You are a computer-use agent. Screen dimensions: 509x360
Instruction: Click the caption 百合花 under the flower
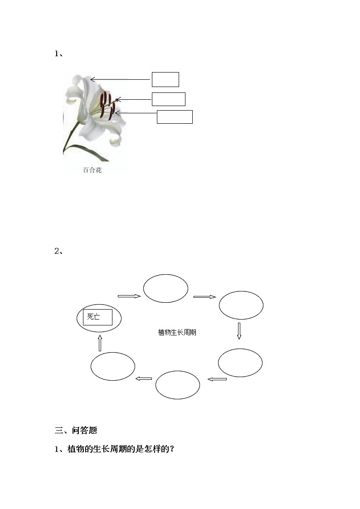(x=92, y=170)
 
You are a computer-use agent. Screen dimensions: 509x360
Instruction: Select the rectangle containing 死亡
(x=97, y=317)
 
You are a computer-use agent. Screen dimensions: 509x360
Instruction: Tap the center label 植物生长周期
(x=177, y=333)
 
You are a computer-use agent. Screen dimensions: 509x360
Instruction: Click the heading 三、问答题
(x=76, y=431)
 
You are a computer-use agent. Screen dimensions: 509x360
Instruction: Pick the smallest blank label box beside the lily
(x=165, y=79)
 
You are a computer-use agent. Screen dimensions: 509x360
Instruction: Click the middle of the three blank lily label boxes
(x=168, y=99)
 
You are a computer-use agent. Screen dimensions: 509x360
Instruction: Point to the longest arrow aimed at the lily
(x=120, y=80)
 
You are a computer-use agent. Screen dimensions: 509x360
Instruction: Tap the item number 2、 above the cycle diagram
(x=58, y=251)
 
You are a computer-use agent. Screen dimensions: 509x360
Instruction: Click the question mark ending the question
(x=172, y=450)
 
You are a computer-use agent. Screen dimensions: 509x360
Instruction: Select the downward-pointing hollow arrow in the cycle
(x=239, y=331)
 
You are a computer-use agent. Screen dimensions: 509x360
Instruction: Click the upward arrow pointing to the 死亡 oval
(x=100, y=343)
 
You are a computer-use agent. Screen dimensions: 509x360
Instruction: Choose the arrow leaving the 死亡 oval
(x=129, y=296)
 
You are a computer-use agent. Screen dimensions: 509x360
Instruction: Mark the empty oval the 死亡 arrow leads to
(x=165, y=288)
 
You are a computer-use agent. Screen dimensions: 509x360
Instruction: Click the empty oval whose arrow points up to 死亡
(x=112, y=366)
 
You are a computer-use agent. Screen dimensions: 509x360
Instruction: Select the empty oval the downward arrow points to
(x=240, y=363)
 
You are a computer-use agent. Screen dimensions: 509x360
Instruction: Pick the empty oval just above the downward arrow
(x=241, y=305)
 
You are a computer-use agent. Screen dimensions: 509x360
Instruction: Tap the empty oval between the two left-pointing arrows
(x=177, y=385)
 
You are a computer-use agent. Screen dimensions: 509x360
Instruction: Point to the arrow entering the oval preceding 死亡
(x=144, y=378)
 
